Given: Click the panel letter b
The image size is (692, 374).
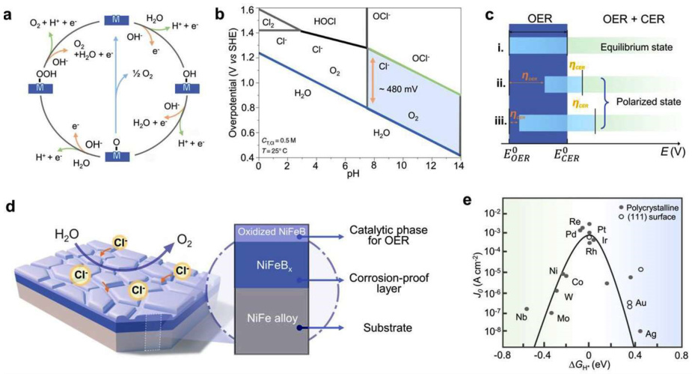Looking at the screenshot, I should (220, 14).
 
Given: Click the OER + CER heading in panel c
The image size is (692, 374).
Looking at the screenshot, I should (624, 15).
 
